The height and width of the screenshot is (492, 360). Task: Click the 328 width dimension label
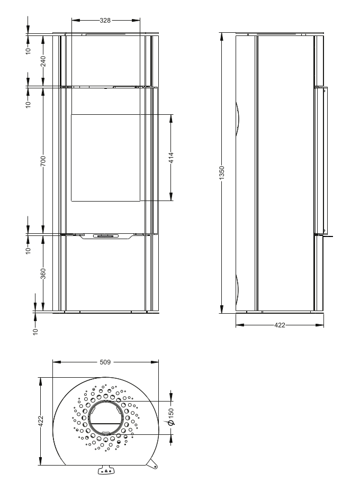tap(105, 21)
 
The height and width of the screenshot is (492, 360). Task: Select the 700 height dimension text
tap(44, 160)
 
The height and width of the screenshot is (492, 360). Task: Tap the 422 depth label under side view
tap(280, 325)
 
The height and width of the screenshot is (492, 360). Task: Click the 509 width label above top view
tap(105, 363)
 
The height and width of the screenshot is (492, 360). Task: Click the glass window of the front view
tap(106, 157)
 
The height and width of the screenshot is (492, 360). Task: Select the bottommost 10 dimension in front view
tap(35, 331)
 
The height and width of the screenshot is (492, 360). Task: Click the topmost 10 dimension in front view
tap(28, 49)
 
